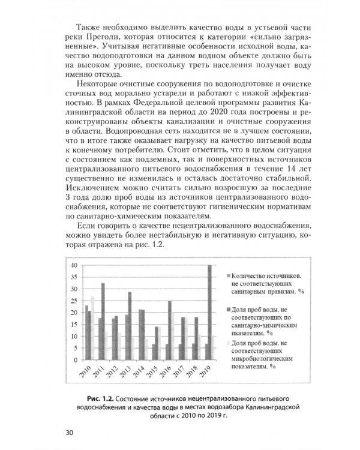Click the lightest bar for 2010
[92, 328]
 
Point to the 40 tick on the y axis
[74, 265]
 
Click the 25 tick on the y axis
[74, 300]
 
